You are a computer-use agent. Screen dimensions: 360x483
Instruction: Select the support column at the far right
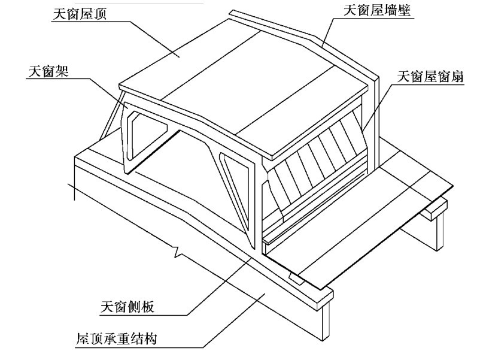(x=441, y=231)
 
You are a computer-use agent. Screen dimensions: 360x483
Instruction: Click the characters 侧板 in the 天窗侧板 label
(x=141, y=307)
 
